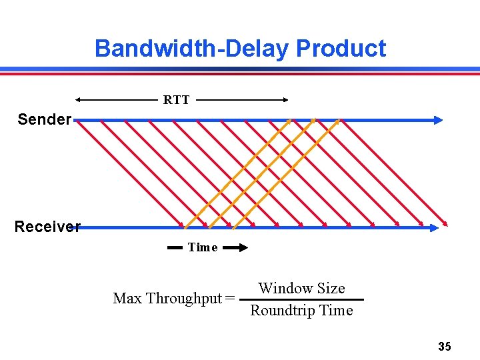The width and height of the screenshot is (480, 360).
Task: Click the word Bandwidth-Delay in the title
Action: tap(192, 49)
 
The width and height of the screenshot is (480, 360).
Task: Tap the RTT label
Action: tap(177, 100)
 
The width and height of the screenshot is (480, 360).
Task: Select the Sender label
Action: tap(44, 119)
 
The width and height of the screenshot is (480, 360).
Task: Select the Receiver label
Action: tap(47, 227)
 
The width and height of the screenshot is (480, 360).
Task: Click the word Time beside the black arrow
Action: tap(203, 247)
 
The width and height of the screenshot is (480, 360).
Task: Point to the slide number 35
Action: tap(445, 346)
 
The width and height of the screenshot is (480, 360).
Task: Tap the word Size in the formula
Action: tap(331, 288)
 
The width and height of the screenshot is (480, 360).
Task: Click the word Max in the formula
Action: tap(127, 298)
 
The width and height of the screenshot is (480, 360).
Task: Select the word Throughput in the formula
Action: tap(184, 298)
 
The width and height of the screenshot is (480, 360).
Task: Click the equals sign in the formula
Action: tap(230, 298)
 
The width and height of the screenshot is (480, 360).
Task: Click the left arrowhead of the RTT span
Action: tap(78, 100)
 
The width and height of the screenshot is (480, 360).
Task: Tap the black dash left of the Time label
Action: tap(175, 247)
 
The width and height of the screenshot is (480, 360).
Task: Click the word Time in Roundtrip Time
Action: tap(337, 311)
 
